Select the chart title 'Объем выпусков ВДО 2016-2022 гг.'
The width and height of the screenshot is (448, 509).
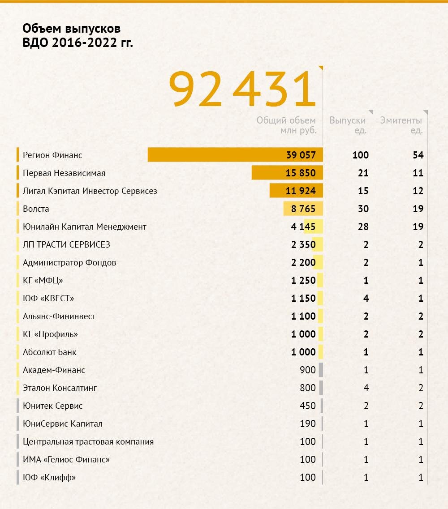pos(78,36)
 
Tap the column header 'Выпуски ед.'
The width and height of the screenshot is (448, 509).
pos(348,125)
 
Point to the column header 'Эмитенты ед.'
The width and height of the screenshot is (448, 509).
pos(401,125)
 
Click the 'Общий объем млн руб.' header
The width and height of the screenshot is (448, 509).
pos(286,125)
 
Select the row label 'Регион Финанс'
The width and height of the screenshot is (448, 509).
pos(52,155)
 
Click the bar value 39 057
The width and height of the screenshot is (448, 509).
pos(301,155)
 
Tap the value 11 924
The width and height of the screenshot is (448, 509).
pos(301,191)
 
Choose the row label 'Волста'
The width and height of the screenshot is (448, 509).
pos(36,209)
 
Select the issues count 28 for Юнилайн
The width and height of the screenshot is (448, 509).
pos(363,227)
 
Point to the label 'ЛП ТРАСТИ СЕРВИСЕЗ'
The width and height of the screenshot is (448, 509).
pos(66,245)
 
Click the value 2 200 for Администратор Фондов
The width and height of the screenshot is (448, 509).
pos(303,263)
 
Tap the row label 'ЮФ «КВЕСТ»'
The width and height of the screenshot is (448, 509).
pos(48,299)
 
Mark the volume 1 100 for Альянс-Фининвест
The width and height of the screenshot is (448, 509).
pos(303,317)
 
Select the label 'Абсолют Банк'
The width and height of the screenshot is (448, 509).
pos(49,352)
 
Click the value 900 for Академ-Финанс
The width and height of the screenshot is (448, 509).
pos(308,370)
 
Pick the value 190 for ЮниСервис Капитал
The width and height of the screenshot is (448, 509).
pos(308,424)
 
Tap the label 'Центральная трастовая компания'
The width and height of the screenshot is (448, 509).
pos(88,442)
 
